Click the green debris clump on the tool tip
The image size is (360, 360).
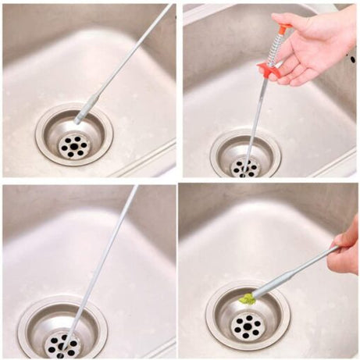coord(247,298)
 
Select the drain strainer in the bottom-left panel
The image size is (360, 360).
coord(62,328)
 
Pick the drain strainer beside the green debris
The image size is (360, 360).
coord(248,317)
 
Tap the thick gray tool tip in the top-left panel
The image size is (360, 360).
coord(86,109)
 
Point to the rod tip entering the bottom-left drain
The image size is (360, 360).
coord(66,340)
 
